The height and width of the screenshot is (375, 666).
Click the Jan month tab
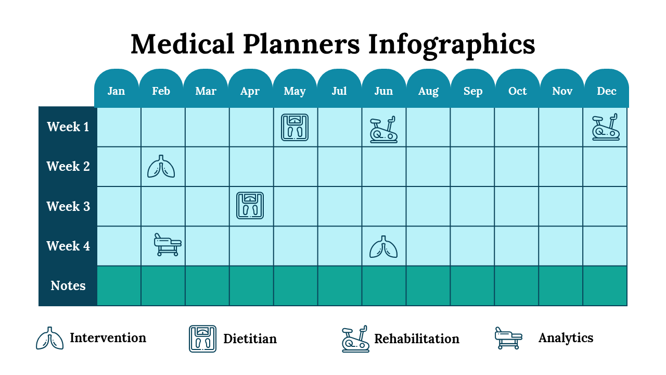[x=116, y=91]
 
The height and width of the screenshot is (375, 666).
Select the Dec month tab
[x=607, y=91]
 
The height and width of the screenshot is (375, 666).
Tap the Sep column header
[x=473, y=91]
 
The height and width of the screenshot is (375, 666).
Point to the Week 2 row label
[x=68, y=167]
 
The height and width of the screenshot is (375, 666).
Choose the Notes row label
[x=68, y=285]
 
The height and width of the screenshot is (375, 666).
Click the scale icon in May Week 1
[x=294, y=128]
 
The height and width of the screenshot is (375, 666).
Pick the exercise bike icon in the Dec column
[x=606, y=128]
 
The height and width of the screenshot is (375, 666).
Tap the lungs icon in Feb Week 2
[x=161, y=167]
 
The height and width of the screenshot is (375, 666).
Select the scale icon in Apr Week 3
[x=250, y=206]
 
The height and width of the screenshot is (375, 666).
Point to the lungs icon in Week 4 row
[x=383, y=246]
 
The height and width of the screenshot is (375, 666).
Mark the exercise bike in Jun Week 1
[x=383, y=130]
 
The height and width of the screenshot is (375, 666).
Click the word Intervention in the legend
[x=108, y=338]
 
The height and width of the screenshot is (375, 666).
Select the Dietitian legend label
[x=250, y=339]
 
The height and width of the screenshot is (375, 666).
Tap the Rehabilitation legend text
[x=417, y=339]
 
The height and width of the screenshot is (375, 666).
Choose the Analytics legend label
[x=566, y=338]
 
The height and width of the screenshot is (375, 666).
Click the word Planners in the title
[x=301, y=44]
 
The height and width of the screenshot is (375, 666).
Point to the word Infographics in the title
[x=452, y=44]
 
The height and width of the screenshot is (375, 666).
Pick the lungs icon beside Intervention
[x=49, y=339]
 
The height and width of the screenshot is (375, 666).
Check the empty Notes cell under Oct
[x=517, y=285]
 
